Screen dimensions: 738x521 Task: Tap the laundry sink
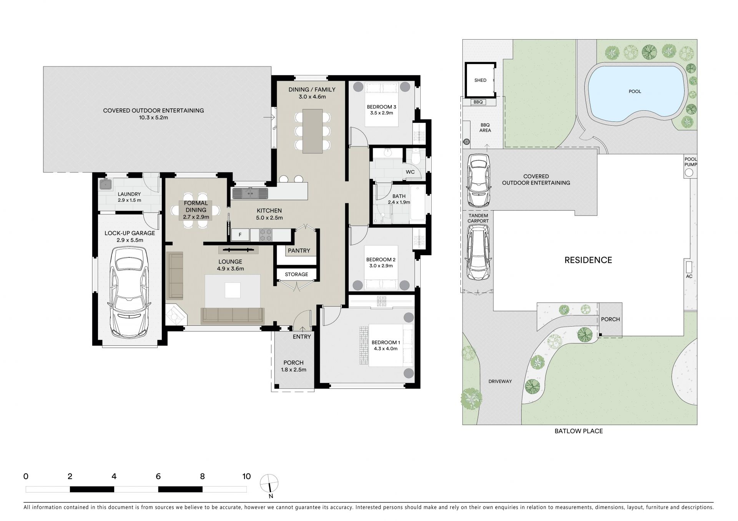coord(105,184)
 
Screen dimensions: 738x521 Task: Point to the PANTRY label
coord(299,251)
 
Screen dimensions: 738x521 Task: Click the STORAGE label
coord(296,274)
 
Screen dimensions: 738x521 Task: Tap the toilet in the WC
coord(414,156)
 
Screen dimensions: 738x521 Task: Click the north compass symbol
coord(269,483)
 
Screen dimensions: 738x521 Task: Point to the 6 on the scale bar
coord(158,476)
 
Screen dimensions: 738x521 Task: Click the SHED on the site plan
coord(480,80)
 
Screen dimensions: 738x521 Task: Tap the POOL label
coord(635,91)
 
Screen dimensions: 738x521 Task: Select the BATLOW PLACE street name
coord(578,431)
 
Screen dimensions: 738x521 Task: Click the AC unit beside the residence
coord(689,266)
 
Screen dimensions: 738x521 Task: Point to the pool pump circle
coord(689,173)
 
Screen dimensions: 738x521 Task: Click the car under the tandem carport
coord(478,252)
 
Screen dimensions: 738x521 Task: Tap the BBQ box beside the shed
coord(478,102)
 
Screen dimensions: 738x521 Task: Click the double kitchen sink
coord(250,193)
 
